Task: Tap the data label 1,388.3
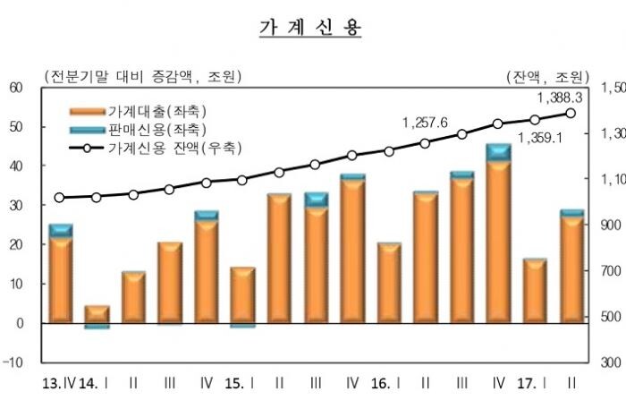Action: pyautogui.click(x=560, y=98)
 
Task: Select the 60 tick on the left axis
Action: pyautogui.click(x=17, y=88)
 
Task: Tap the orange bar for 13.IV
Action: pyautogui.click(x=61, y=278)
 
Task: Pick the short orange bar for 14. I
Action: pyautogui.click(x=97, y=314)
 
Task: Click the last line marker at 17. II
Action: pyautogui.click(x=571, y=113)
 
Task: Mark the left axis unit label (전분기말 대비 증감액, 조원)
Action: pyautogui.click(x=140, y=74)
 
